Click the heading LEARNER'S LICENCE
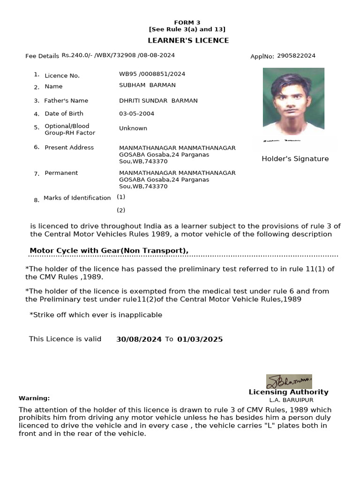click(x=188, y=40)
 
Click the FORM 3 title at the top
click(x=187, y=22)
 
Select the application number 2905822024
click(x=296, y=56)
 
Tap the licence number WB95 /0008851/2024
click(x=152, y=74)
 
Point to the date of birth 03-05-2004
click(x=136, y=113)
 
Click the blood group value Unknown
click(x=133, y=128)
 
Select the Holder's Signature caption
click(x=295, y=159)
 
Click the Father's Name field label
click(x=66, y=101)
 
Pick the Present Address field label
click(x=69, y=147)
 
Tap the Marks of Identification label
click(x=77, y=198)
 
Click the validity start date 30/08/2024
click(x=139, y=339)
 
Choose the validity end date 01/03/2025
click(x=200, y=339)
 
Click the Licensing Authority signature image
click(x=289, y=381)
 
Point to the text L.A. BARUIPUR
click(x=291, y=400)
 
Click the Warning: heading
click(x=34, y=398)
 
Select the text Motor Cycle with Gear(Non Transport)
click(x=109, y=251)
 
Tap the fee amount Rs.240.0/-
click(x=77, y=55)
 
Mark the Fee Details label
click(x=42, y=56)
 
